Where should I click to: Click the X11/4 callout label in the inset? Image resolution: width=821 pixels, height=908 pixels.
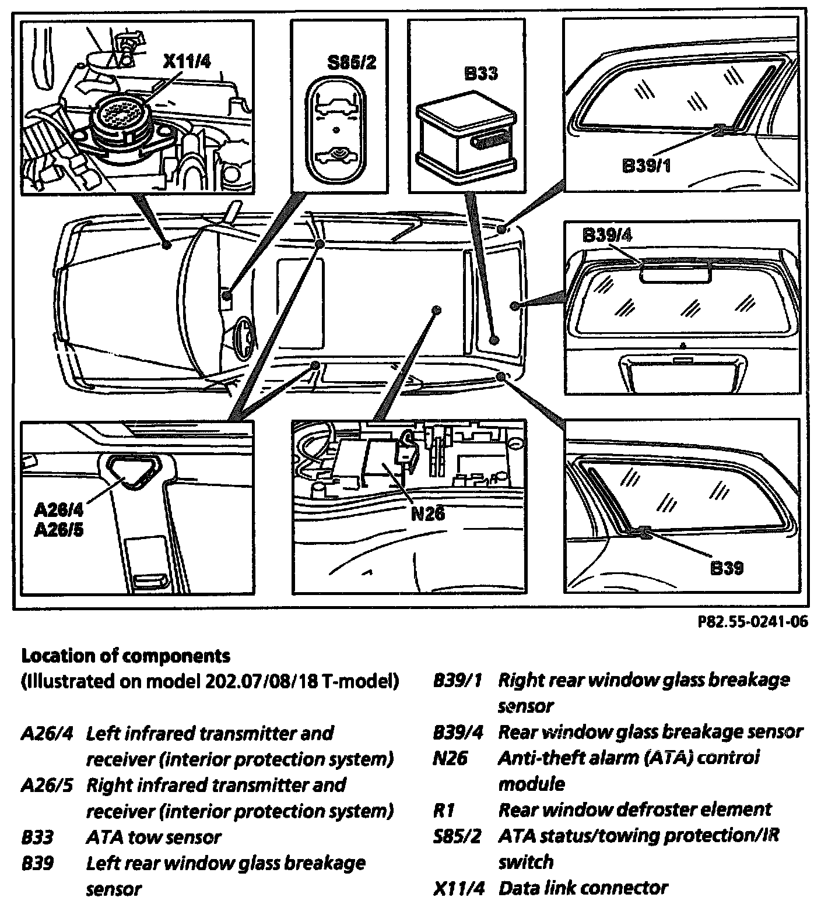(186, 62)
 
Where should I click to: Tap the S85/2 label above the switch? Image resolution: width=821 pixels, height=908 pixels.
(352, 63)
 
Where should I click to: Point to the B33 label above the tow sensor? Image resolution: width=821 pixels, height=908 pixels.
(480, 73)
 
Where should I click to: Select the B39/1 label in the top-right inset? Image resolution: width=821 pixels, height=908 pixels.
(647, 166)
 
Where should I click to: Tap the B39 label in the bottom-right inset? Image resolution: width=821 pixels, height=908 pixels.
(727, 567)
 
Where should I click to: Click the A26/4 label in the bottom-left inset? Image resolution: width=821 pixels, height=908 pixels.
(58, 510)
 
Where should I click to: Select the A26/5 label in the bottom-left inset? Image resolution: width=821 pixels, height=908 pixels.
(58, 530)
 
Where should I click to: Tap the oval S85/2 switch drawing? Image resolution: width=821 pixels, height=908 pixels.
(335, 128)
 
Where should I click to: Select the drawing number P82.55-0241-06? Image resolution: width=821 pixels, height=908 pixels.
(753, 622)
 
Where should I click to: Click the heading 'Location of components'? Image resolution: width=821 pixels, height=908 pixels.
(126, 656)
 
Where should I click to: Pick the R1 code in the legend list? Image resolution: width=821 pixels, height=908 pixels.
(444, 810)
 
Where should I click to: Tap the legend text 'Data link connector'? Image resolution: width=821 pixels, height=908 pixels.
(583, 888)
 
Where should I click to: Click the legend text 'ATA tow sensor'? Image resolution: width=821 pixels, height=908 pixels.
(153, 837)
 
